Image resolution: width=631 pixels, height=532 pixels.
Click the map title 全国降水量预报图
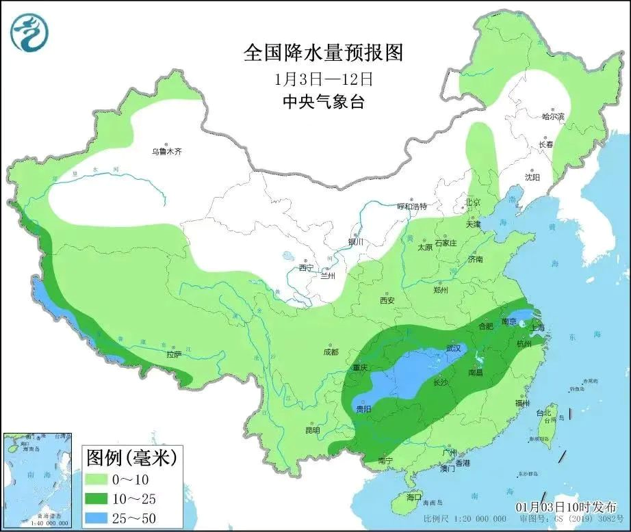324,53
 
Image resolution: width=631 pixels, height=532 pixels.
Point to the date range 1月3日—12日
324,79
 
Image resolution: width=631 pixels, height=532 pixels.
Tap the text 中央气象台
324,103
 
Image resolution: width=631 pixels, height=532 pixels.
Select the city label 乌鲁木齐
167,152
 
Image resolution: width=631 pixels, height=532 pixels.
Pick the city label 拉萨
173,354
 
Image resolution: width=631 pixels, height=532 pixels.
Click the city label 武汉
453,348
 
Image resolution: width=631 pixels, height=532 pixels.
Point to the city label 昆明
312,431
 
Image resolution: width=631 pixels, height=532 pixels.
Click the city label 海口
414,496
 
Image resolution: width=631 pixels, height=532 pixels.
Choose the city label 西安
387,300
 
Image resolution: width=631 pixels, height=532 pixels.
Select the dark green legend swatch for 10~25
102,498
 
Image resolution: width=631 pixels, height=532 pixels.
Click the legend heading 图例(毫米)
130,457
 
